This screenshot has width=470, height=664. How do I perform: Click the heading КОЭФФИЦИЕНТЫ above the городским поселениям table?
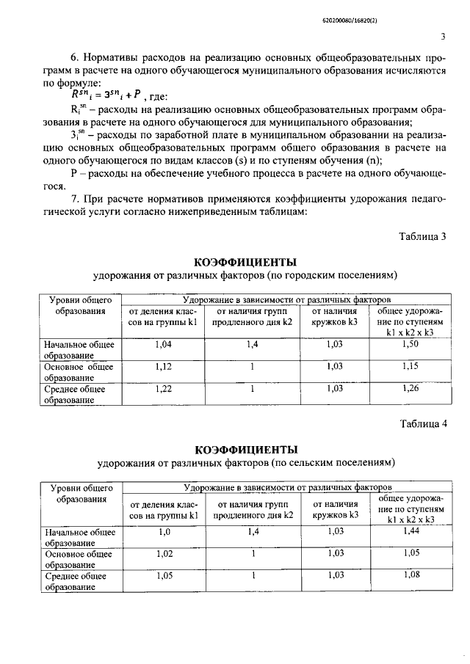245,262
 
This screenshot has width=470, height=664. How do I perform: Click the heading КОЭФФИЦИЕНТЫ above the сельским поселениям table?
245,449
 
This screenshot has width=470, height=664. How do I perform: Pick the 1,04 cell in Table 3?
164,344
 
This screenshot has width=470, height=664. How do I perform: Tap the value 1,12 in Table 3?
164,366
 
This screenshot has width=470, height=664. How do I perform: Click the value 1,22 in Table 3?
164,389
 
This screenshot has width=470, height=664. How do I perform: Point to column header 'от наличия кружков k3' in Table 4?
335,510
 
